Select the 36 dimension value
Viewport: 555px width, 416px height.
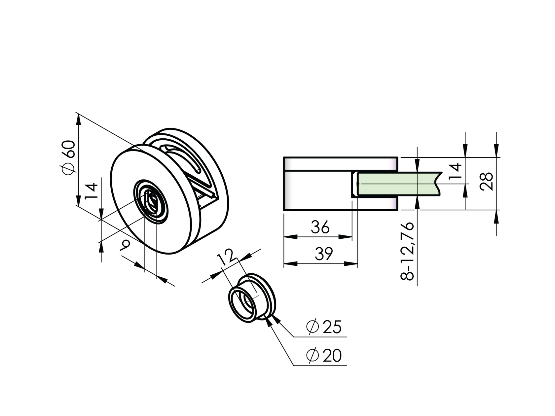point(320,227)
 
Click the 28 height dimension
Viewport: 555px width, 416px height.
point(487,181)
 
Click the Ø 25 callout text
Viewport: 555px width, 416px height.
point(324,327)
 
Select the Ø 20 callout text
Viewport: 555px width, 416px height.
point(324,356)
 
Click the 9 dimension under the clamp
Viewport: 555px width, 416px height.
point(125,245)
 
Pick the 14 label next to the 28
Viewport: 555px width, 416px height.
point(456,171)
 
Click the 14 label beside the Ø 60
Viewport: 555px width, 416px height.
point(92,191)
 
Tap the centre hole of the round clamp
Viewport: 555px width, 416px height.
point(152,201)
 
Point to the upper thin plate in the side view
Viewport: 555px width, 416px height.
point(340,164)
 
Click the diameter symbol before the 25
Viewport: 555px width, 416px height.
point(313,327)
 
